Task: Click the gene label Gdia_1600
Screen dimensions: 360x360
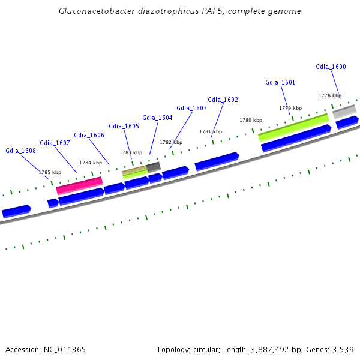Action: point(331,67)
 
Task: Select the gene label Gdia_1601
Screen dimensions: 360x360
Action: point(280,82)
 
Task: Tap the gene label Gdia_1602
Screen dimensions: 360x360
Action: point(223,100)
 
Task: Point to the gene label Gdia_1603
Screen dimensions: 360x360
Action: point(191,108)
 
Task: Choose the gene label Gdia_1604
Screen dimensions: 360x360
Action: point(157,118)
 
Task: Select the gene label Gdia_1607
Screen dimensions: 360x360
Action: point(55,143)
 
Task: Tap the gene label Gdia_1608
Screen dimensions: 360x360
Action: point(20,151)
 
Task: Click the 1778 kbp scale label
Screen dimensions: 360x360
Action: point(329,95)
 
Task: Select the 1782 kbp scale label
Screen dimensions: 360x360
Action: point(171,142)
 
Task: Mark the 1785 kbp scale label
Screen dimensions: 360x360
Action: point(50,172)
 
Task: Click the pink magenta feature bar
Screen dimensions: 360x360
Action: point(79,186)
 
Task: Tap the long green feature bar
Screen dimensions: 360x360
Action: point(293,127)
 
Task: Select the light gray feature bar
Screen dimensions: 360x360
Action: point(344,111)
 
